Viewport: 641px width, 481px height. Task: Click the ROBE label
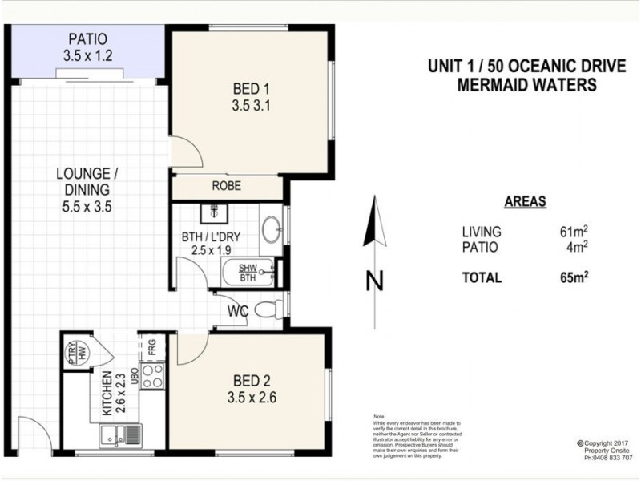(x=227, y=186)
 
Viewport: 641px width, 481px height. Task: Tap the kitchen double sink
(x=120, y=435)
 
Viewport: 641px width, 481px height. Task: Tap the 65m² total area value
(x=572, y=278)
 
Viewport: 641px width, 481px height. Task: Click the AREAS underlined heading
(x=525, y=202)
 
